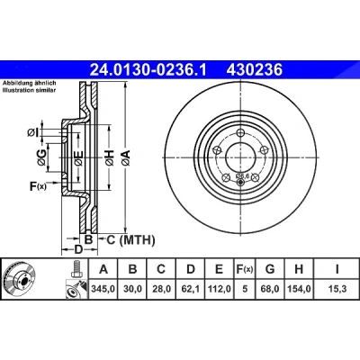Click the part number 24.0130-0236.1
(x=148, y=70)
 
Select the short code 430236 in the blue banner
(x=255, y=70)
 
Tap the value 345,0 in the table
(x=103, y=289)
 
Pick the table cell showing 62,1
(x=191, y=289)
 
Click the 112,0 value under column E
(x=219, y=289)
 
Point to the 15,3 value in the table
(x=337, y=289)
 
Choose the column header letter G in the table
(x=270, y=269)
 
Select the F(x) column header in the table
(x=244, y=269)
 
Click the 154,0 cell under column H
(x=299, y=289)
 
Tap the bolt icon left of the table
(x=77, y=269)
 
